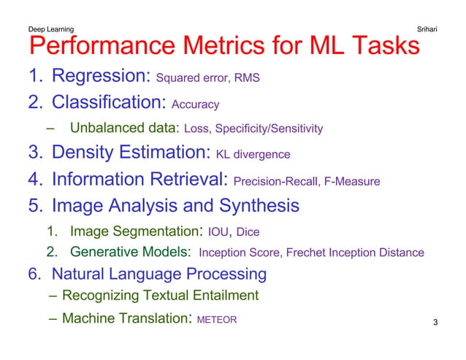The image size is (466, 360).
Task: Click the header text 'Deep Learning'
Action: [50, 29]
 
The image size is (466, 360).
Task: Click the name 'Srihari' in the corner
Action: [426, 29]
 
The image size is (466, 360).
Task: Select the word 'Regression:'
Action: [102, 76]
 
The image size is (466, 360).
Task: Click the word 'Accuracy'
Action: [196, 104]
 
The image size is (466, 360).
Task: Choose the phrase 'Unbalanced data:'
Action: [125, 129]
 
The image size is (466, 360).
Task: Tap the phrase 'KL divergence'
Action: [253, 155]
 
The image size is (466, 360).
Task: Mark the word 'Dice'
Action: [248, 233]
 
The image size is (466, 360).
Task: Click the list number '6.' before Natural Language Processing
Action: [36, 274]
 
